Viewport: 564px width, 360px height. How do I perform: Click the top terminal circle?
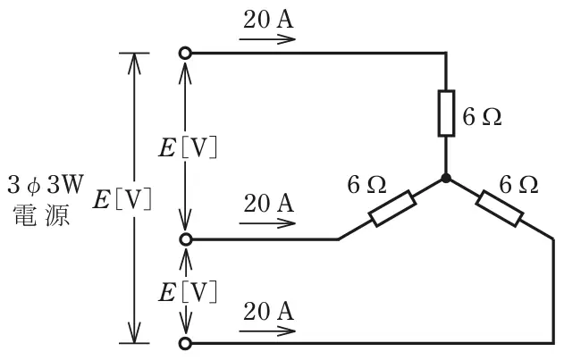click(185, 54)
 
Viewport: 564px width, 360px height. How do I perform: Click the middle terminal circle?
click(185, 239)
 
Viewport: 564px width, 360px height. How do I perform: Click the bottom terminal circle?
click(185, 343)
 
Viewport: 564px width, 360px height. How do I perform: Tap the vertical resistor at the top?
click(446, 113)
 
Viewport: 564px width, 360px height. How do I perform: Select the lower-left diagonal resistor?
click(392, 208)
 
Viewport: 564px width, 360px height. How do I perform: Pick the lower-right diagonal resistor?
click(500, 208)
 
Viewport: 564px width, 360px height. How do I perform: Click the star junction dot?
click(446, 178)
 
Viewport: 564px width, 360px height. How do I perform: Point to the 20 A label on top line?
click(268, 20)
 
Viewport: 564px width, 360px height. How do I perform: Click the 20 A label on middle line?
click(268, 203)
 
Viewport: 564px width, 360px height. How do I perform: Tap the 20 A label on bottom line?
click(268, 311)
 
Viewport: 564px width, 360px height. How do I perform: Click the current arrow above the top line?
click(267, 39)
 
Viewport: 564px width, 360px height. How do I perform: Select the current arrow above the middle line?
click(267, 223)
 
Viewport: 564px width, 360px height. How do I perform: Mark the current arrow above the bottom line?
click(267, 331)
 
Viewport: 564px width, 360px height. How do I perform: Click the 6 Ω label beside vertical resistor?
click(482, 117)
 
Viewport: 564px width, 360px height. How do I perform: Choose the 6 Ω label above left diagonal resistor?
click(366, 185)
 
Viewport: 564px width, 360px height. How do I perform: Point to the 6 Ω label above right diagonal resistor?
click(518, 185)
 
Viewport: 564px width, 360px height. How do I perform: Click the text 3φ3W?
click(46, 185)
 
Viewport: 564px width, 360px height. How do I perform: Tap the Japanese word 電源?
click(42, 215)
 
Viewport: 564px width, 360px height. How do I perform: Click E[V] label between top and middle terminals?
click(188, 147)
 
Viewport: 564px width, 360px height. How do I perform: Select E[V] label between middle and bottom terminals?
click(188, 292)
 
